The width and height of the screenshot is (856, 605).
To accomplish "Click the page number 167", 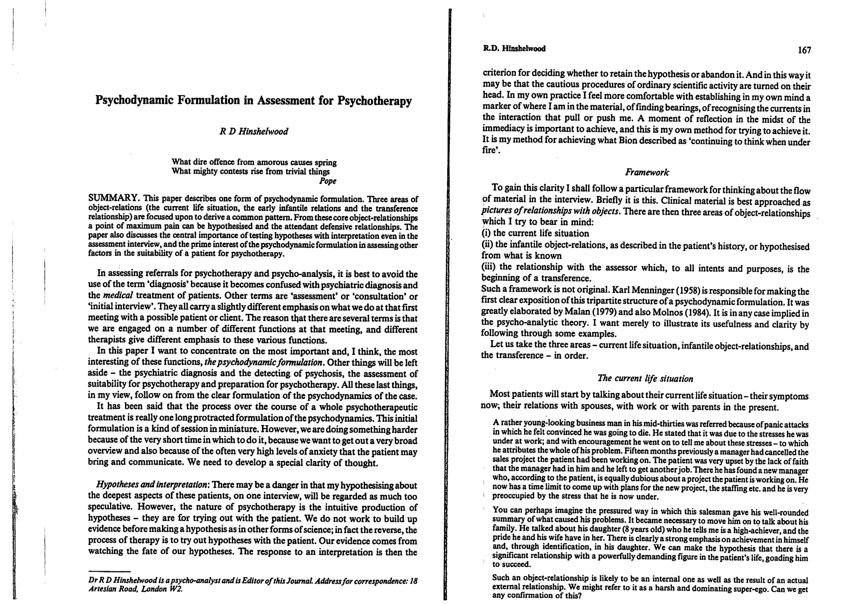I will pyautogui.click(x=804, y=51).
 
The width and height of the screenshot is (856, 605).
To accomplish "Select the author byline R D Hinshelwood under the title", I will pyautogui.click(x=254, y=132).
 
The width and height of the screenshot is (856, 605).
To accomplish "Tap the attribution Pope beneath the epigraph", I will pyautogui.click(x=328, y=181).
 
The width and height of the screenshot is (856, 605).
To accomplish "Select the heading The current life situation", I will pyautogui.click(x=645, y=379).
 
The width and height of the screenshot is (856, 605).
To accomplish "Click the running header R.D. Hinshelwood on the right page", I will pyautogui.click(x=514, y=48).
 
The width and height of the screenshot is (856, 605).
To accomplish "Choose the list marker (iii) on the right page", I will pyautogui.click(x=489, y=267).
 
